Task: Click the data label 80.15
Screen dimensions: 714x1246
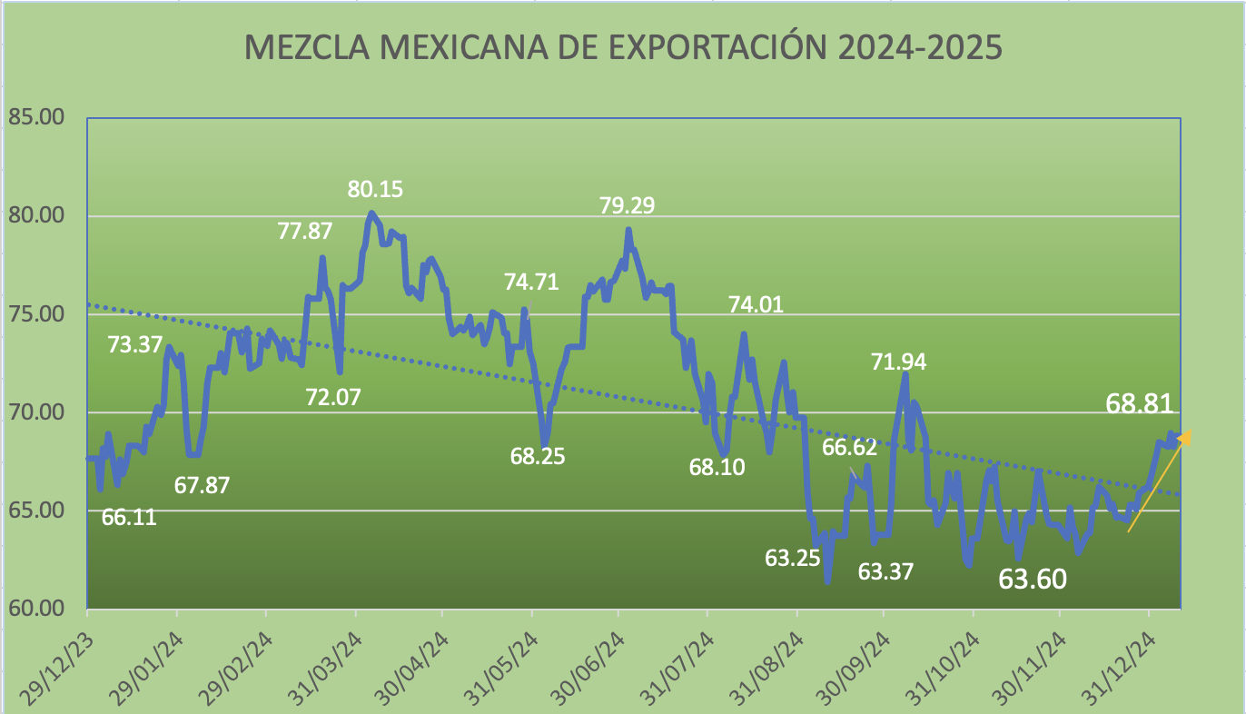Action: tap(375, 190)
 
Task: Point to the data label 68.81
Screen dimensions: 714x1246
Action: tap(1140, 404)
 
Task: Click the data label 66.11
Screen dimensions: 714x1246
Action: tap(128, 518)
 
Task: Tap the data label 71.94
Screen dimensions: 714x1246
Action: tap(899, 362)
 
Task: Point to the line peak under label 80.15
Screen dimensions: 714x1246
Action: tap(371, 213)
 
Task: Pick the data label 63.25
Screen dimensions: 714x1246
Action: tap(792, 557)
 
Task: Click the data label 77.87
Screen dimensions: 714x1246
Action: tap(305, 231)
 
